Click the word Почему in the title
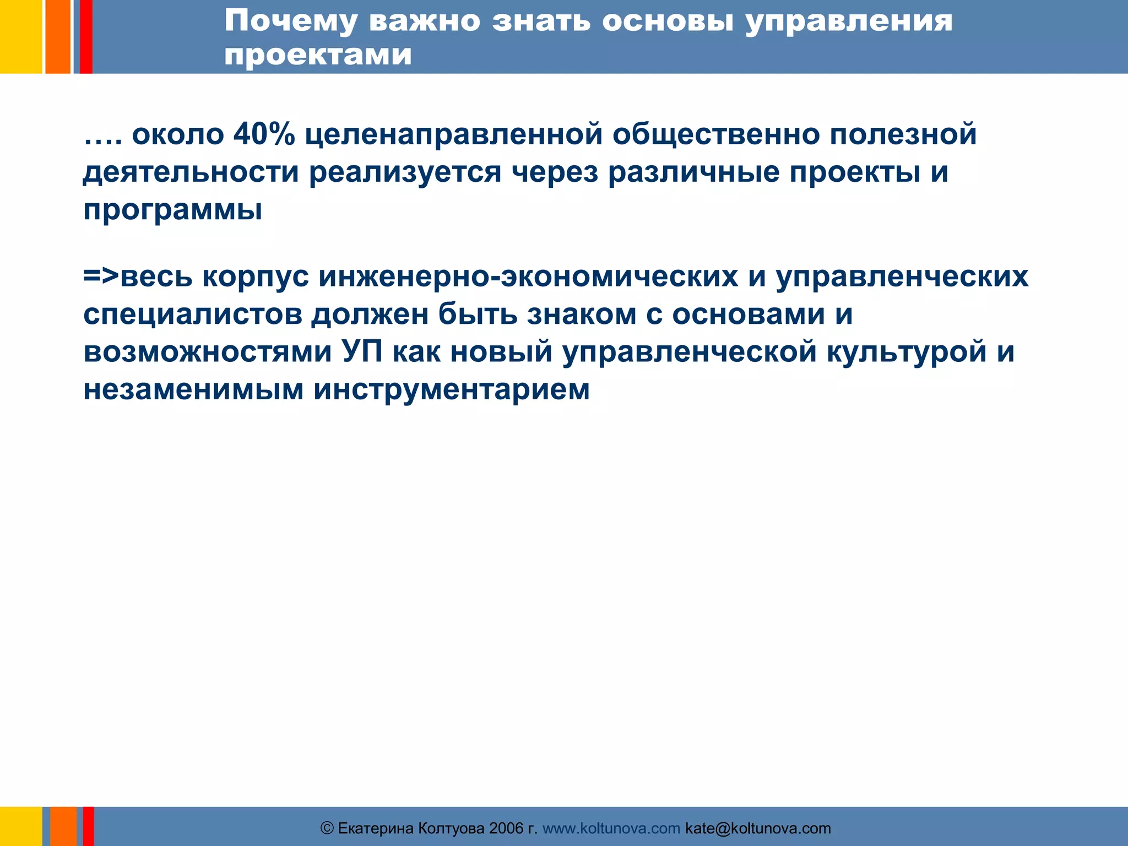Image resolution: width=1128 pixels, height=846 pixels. (291, 22)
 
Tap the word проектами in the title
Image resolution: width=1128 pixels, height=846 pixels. (318, 55)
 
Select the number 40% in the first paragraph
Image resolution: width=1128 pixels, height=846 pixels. (264, 134)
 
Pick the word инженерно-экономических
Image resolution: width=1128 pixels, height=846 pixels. (528, 276)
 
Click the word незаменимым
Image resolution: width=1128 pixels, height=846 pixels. (193, 389)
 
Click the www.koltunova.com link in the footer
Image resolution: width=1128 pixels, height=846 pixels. (611, 828)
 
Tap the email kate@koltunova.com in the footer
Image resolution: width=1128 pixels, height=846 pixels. (758, 828)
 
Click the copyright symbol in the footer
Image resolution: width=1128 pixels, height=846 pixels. (327, 828)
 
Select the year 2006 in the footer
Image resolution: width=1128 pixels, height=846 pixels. (506, 828)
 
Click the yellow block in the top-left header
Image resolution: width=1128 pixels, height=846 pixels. (20, 36)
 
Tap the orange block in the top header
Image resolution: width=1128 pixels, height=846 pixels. (57, 36)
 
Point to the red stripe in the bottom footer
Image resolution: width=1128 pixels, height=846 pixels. (88, 826)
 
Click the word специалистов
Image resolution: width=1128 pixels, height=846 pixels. (193, 314)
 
